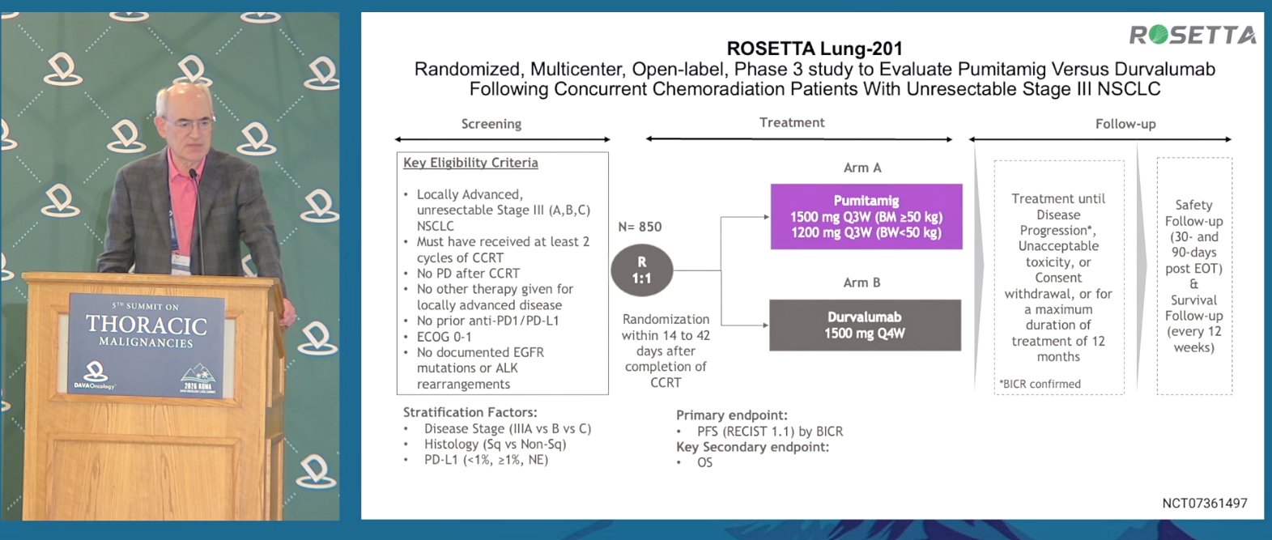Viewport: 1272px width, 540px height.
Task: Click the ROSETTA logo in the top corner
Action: [1192, 35]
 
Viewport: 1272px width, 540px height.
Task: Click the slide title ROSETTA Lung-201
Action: [815, 49]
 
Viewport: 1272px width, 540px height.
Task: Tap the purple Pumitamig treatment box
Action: [866, 216]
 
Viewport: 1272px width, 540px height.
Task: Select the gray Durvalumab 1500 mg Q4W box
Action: [865, 325]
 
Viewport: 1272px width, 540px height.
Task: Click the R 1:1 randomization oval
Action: [642, 270]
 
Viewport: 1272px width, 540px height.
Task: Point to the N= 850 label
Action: [640, 227]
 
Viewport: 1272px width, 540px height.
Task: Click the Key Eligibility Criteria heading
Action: [470, 163]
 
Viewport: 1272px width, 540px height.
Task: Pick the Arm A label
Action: [862, 168]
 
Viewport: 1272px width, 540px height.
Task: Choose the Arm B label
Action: [861, 283]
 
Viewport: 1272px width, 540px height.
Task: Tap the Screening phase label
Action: [491, 124]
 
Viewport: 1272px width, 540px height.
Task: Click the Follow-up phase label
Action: [1125, 124]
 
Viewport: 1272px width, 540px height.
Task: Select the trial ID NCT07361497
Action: [1205, 503]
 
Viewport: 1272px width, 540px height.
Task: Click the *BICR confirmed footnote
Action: [1040, 384]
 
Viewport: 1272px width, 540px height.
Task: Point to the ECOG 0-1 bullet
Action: [444, 337]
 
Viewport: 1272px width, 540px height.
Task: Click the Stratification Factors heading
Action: [470, 412]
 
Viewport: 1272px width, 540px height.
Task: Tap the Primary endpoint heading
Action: [731, 415]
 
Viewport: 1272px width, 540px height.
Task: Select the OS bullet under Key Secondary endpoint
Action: [704, 463]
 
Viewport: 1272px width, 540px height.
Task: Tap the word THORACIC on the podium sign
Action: [147, 325]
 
